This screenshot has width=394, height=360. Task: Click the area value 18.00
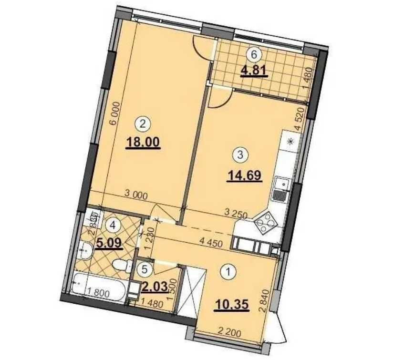(144, 142)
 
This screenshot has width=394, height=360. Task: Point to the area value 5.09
(110, 243)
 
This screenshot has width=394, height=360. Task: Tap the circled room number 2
(143, 124)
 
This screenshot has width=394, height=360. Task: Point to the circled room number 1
(229, 272)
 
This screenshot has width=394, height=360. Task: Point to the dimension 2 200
(228, 328)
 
